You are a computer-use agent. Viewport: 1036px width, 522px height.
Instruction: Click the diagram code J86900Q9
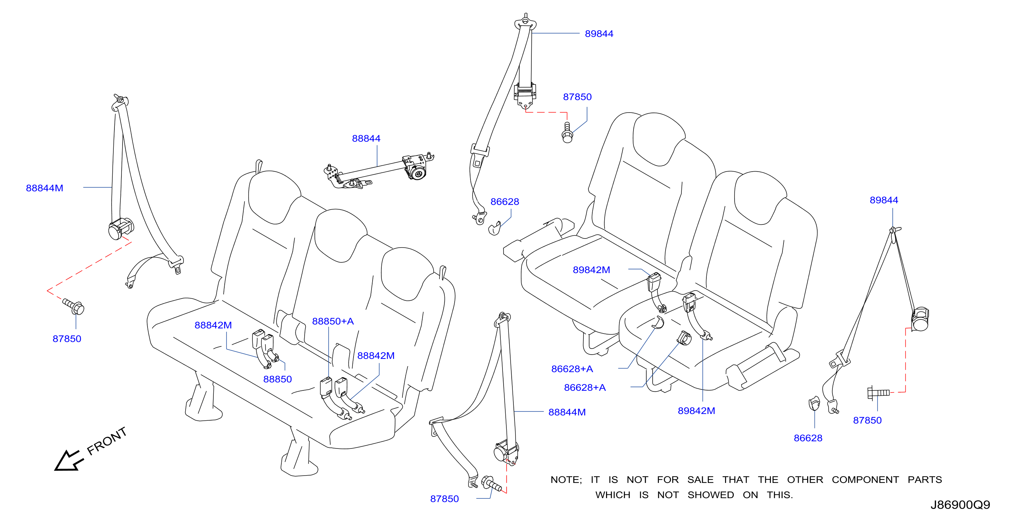point(960,505)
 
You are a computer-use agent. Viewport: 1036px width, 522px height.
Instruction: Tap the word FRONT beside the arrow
point(107,441)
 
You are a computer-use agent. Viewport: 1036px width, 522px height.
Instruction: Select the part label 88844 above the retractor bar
point(366,138)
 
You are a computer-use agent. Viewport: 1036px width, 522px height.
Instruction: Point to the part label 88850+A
point(333,321)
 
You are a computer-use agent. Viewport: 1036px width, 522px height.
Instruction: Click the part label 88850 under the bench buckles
point(277,379)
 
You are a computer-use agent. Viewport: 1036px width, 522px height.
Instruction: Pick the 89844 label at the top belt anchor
point(599,34)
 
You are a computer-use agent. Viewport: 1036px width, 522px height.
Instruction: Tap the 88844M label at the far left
point(45,188)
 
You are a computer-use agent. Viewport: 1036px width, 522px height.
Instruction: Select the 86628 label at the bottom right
point(808,438)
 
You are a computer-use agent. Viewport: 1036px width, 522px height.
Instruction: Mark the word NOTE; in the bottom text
point(566,479)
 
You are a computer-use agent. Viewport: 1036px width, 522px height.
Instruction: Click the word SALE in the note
point(700,479)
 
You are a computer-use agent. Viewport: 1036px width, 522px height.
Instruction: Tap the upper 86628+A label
point(572,369)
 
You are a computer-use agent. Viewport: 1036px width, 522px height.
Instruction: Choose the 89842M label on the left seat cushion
point(591,270)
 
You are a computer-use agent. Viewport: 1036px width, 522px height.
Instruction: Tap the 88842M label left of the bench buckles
point(213,325)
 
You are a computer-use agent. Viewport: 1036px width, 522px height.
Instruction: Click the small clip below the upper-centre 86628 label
point(494,228)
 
